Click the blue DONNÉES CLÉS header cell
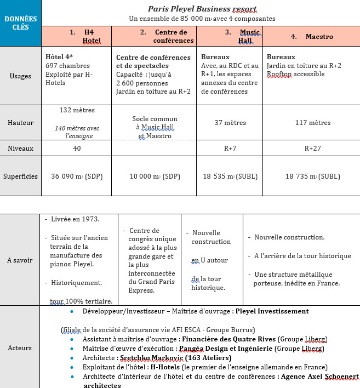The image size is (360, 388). point(20,23)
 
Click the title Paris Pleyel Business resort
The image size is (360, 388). point(202,9)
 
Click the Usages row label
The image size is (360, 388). point(20,76)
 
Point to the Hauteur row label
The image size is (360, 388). point(20,123)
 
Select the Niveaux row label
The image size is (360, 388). point(20,148)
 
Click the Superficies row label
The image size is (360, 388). point(20,176)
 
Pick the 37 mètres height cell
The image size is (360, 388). point(230,123)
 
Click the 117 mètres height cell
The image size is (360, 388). point(312,123)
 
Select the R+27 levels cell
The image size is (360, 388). point(312,148)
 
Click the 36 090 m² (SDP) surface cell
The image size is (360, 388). point(76,176)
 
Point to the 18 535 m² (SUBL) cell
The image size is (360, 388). point(230,176)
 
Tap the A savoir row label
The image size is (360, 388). point(20,260)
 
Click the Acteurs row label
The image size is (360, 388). point(20,347)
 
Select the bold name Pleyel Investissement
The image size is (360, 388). point(272,311)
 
